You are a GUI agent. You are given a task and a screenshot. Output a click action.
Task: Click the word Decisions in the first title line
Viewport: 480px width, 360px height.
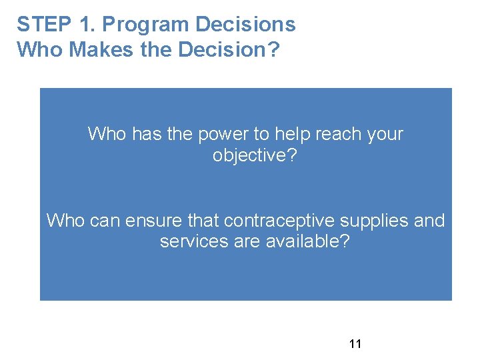click(245, 25)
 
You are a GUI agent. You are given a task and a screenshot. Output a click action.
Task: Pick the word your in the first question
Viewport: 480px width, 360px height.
click(385, 134)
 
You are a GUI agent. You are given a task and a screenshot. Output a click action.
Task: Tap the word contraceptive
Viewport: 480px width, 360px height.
click(283, 220)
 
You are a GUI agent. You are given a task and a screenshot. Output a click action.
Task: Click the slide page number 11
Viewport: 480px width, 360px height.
click(355, 344)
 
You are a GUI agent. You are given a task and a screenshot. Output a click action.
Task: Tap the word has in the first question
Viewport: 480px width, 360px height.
click(146, 134)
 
